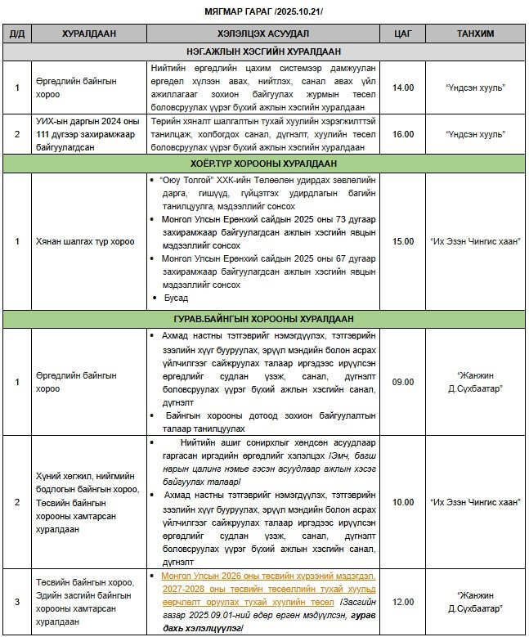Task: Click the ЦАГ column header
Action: [x=402, y=33]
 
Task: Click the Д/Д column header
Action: [x=16, y=33]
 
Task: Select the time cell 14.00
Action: [x=402, y=87]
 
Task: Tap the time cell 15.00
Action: [x=402, y=241]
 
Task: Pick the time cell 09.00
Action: [x=402, y=382]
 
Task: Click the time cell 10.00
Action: [x=402, y=502]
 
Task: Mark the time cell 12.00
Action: [x=402, y=602]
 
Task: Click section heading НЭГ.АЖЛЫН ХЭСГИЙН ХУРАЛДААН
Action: [x=263, y=51]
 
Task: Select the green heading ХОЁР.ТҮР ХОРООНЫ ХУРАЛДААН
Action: [x=263, y=164]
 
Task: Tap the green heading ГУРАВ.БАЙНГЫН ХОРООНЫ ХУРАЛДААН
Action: [x=263, y=318]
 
